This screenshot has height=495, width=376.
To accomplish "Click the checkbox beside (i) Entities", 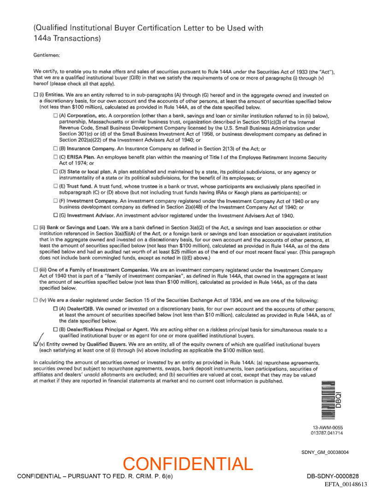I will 36,95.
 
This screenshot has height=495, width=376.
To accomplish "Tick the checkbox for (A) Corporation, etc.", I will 56,114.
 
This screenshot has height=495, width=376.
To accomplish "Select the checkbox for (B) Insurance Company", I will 56,149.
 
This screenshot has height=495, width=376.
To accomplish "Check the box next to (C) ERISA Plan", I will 56,158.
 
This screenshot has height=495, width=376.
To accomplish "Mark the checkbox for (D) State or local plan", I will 56,172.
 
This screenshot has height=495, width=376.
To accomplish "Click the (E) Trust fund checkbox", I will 56,186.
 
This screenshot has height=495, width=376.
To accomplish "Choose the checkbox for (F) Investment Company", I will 56,201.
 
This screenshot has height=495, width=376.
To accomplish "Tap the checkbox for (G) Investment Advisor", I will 56,215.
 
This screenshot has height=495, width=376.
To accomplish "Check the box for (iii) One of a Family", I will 36,269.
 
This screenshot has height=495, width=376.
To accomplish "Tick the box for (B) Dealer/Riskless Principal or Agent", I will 56,329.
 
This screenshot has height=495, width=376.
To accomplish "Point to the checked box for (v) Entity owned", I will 36,344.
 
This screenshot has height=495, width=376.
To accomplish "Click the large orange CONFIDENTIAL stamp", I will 188,464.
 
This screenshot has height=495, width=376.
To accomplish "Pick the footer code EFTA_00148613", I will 346,484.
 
